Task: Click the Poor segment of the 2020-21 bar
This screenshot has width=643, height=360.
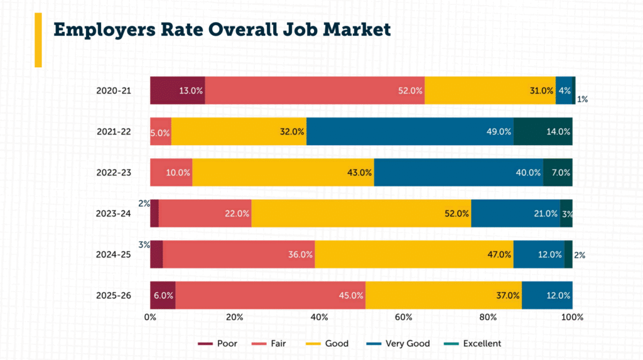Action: (x=177, y=90)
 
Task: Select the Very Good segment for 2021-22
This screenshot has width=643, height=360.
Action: (x=409, y=131)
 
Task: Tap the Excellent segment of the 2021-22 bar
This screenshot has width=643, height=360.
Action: (x=543, y=131)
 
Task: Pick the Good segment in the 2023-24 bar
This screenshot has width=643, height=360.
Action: (x=361, y=213)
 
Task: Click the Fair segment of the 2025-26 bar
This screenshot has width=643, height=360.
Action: (x=270, y=295)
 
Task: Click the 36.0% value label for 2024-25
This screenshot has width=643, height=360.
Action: (x=300, y=254)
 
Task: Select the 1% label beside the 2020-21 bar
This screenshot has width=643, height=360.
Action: (x=583, y=99)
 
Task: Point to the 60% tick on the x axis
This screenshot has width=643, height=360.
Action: (x=403, y=317)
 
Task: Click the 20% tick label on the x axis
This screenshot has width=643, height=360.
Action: (x=234, y=317)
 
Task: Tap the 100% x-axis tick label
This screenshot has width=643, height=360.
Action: (x=572, y=317)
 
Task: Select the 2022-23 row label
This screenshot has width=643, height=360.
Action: (x=114, y=173)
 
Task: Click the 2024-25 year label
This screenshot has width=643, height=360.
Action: (x=114, y=254)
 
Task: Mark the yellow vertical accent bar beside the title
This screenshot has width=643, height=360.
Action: (x=38, y=40)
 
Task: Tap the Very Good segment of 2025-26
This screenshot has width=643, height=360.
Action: (x=546, y=295)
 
